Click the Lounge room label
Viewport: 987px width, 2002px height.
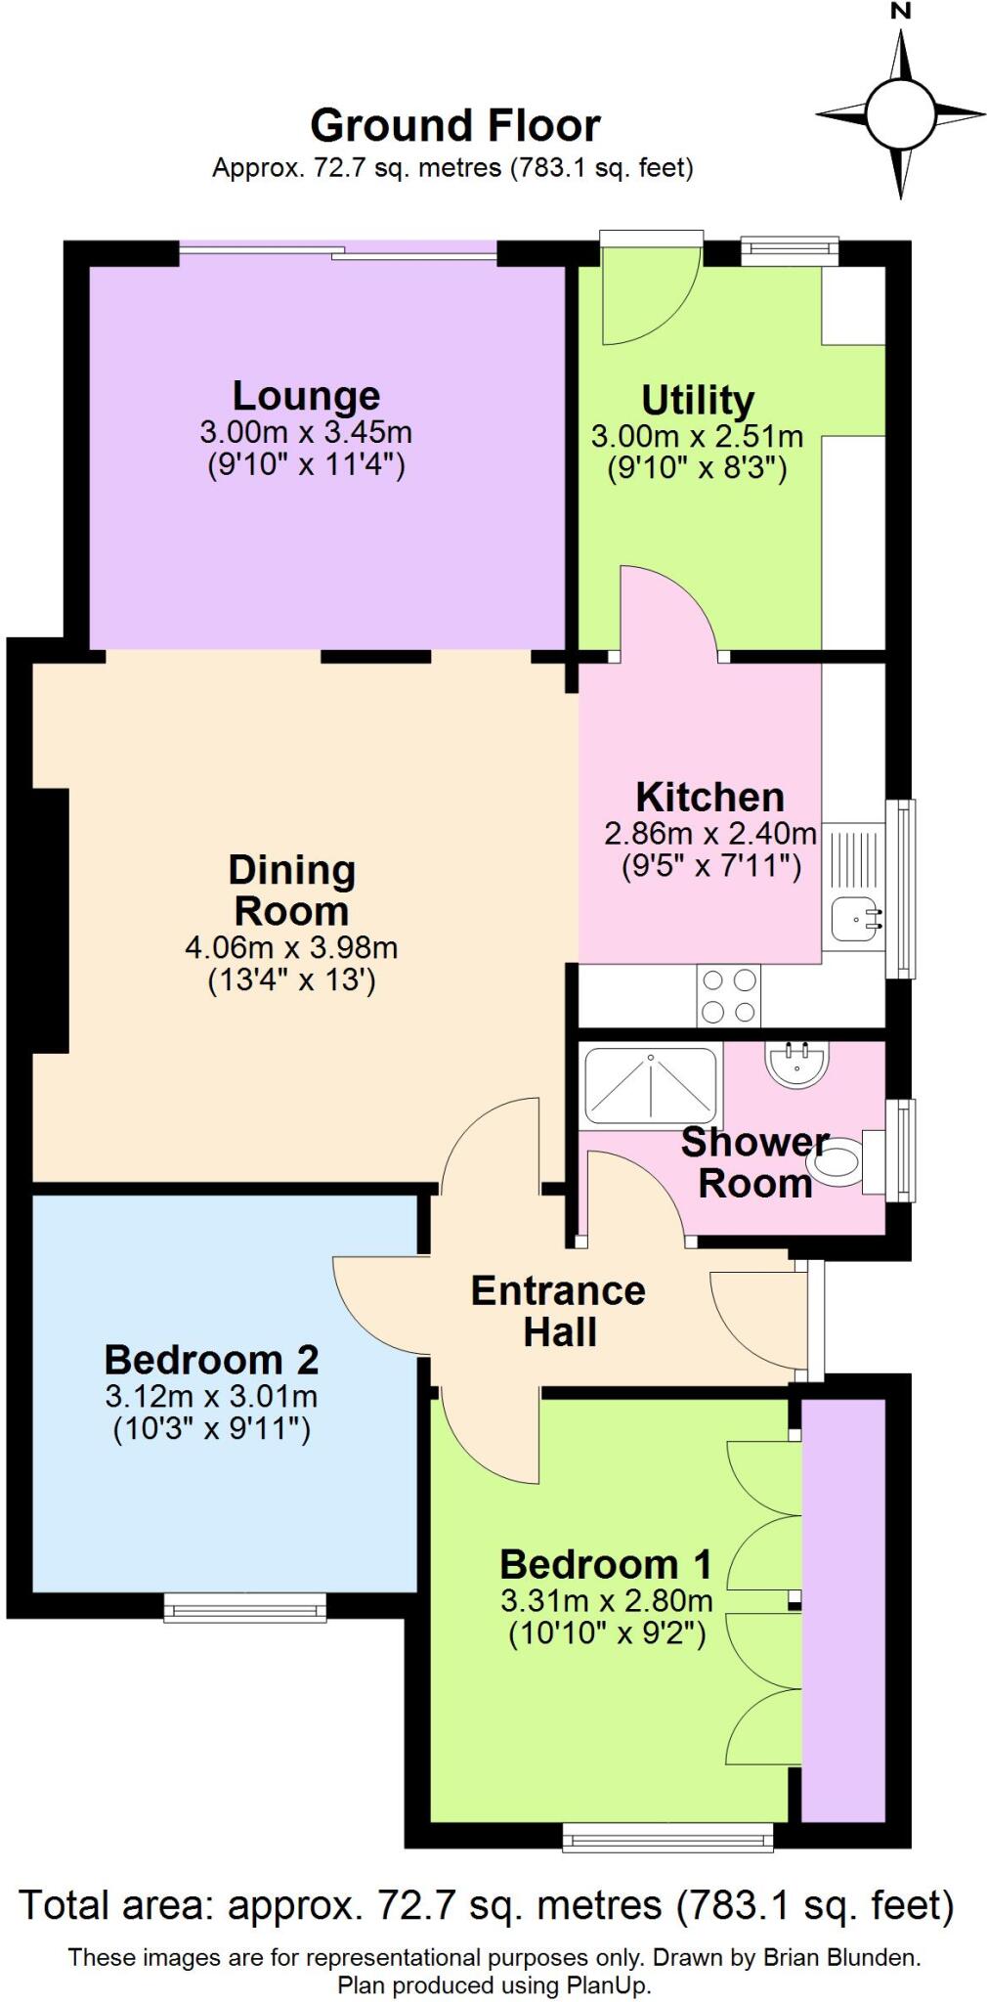(305, 396)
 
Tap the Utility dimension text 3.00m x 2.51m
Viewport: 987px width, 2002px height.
(697, 436)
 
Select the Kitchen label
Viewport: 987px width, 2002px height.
(709, 798)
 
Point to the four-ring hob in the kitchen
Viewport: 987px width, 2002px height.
(728, 995)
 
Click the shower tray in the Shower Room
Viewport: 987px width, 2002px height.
(650, 1085)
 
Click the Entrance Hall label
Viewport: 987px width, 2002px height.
(558, 1311)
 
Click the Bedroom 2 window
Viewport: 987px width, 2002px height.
(244, 1607)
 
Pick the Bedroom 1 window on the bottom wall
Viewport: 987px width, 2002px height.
(667, 1837)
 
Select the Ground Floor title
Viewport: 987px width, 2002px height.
(454, 126)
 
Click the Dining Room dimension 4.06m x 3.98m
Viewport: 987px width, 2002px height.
(291, 947)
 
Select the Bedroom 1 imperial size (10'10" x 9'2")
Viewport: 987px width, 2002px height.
(606, 1632)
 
